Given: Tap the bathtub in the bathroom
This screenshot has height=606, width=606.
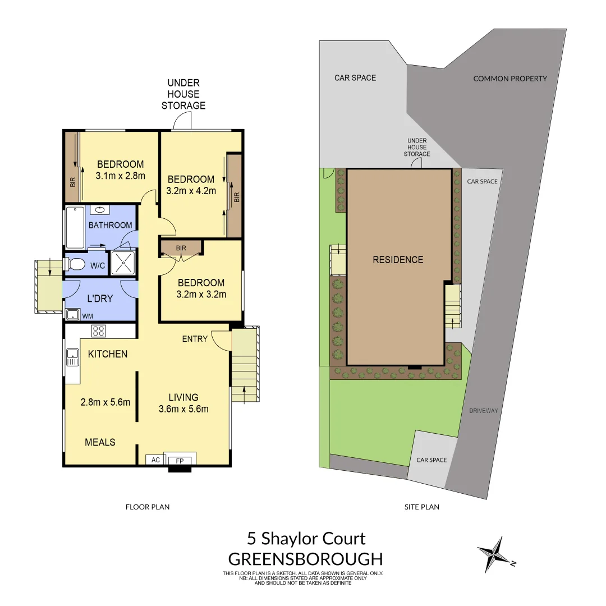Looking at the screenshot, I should tap(75, 227).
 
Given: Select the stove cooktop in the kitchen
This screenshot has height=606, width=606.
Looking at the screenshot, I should tap(99, 330).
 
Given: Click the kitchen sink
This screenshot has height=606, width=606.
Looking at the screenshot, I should tap(72, 357).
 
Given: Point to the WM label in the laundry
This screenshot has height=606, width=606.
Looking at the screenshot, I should tap(88, 316).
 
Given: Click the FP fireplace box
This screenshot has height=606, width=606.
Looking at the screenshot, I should tap(180, 460).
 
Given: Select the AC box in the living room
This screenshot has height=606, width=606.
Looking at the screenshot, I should tap(156, 460).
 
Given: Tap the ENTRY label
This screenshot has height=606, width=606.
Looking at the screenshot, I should tap(195, 339).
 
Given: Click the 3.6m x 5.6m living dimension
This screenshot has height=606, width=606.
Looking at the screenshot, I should tap(183, 409).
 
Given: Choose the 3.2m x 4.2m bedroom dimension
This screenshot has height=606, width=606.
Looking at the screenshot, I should tap(191, 191).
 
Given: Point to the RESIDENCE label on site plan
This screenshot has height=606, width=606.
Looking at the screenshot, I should tap(398, 260).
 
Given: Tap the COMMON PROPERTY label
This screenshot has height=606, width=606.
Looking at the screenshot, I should tap(510, 79).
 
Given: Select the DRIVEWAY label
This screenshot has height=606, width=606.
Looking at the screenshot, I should tap(484, 411).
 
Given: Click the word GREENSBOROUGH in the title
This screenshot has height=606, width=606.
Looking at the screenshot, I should tap(306, 559).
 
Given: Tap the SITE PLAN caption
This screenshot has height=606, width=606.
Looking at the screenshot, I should tap(422, 507).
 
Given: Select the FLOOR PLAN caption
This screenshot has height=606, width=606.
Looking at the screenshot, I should tap(147, 507).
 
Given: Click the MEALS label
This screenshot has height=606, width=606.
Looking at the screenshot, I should tap(100, 442).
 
